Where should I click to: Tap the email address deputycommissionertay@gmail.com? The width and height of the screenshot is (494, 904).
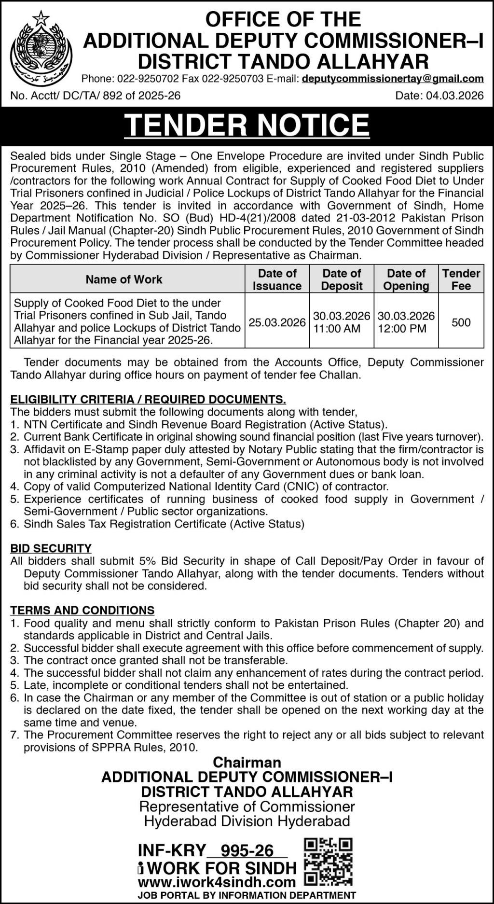click(393, 79)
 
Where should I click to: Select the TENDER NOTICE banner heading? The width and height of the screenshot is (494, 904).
click(247, 125)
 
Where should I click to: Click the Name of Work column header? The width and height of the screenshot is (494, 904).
click(124, 279)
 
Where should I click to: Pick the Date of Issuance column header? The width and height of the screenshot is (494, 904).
click(277, 279)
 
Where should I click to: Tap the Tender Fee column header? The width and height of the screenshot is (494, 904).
click(461, 279)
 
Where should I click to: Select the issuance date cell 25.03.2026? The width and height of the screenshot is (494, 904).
click(277, 322)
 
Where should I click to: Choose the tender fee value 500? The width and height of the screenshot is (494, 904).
click(461, 322)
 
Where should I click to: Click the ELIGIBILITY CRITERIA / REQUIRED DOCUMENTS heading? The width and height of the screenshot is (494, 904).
click(148, 399)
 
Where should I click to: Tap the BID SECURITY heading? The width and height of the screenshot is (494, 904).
click(51, 548)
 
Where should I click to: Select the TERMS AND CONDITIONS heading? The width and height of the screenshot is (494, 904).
click(82, 610)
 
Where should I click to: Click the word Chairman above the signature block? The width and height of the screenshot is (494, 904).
click(247, 763)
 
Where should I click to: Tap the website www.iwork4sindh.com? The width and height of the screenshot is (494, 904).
click(217, 882)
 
